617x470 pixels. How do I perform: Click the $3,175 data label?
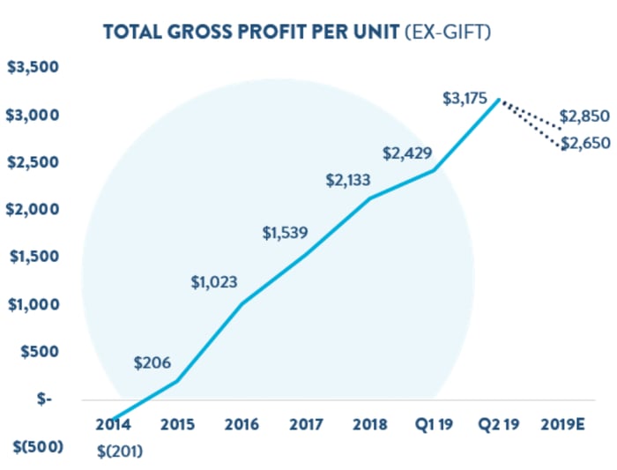coord(465,99)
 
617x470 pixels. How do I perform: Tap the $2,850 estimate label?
coord(584,116)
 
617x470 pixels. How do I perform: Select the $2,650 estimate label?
coord(585,143)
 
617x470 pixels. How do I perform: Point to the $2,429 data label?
coord(407,153)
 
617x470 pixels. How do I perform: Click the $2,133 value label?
coord(348,180)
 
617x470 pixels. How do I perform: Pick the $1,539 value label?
coord(285,233)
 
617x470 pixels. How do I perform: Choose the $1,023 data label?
coord(214,282)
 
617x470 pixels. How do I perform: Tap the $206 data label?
coord(152,362)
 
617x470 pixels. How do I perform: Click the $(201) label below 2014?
coord(120,451)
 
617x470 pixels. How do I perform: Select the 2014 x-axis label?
coord(114,424)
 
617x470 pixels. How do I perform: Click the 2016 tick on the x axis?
coord(242,424)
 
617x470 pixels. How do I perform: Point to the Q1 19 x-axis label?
coord(434,424)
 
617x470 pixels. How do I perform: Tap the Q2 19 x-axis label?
coord(499,424)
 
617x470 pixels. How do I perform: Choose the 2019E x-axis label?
coord(562,424)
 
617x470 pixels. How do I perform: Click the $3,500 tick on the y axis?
coord(33,67)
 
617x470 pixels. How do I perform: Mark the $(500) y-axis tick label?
coord(38,447)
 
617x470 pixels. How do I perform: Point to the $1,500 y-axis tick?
coord(34,257)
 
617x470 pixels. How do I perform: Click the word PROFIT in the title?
coord(272,32)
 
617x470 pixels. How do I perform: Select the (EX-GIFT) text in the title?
coord(448,32)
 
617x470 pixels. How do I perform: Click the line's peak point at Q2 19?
coord(499,100)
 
